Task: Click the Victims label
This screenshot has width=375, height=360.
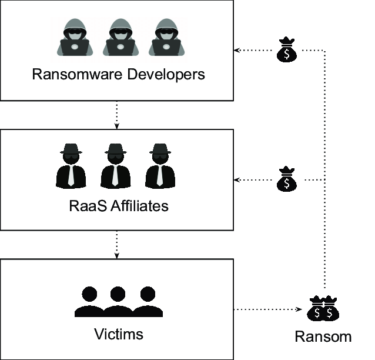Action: coord(118,334)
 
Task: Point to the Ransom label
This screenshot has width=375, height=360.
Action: coord(323,336)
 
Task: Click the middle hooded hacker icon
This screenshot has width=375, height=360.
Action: coord(119,38)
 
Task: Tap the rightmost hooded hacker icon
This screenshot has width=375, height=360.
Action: coord(164,38)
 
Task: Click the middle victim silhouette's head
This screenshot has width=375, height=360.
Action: coord(118,294)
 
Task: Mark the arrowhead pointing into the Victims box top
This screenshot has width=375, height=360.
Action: coord(117,255)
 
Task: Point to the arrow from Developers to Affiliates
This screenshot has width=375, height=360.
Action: coord(117,115)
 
